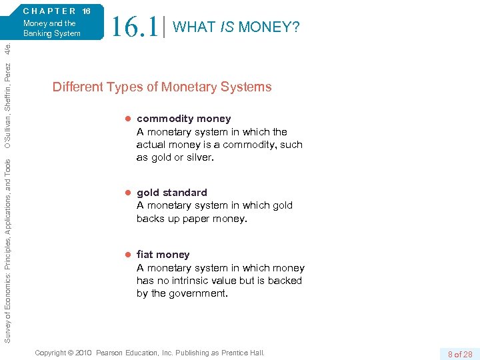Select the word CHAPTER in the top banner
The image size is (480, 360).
[x=50, y=11]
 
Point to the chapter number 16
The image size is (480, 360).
[x=86, y=11]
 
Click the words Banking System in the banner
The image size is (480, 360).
[x=52, y=33]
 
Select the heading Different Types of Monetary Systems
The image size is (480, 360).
[x=162, y=87]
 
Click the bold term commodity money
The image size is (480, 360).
[x=183, y=119]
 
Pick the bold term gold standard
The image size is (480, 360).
[x=172, y=193]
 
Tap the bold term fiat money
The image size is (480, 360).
[x=163, y=255]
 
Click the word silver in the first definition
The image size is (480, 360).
[x=199, y=157]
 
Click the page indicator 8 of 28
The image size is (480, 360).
[x=459, y=354]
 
